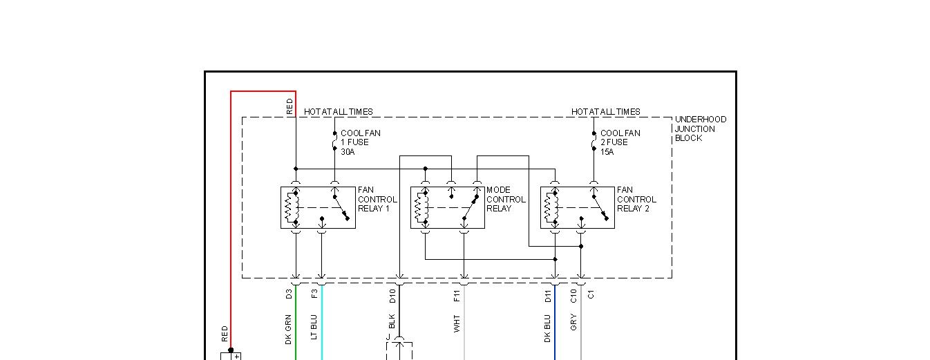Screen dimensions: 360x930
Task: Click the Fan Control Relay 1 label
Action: point(377,199)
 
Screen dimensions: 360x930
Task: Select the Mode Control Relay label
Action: point(506,199)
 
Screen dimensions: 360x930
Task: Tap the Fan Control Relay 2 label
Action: point(636,199)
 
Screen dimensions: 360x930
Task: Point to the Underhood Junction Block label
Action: point(701,129)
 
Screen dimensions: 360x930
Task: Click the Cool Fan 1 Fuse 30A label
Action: point(360,142)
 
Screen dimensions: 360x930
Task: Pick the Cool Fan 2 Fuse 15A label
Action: point(620,142)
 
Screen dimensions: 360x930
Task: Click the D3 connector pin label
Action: point(289,294)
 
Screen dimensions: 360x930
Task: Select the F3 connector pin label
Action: point(315,294)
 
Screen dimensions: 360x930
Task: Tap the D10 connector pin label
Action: point(392,296)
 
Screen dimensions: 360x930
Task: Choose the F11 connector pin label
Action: point(457,296)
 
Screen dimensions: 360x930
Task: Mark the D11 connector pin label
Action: point(548,296)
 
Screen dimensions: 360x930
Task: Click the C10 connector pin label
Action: point(574,296)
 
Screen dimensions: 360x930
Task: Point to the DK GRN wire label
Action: point(289,330)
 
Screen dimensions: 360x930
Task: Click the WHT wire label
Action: point(457,324)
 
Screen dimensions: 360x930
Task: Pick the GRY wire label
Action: point(574,322)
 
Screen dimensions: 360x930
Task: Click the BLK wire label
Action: point(392,322)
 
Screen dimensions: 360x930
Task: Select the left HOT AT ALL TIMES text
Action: point(339,111)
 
